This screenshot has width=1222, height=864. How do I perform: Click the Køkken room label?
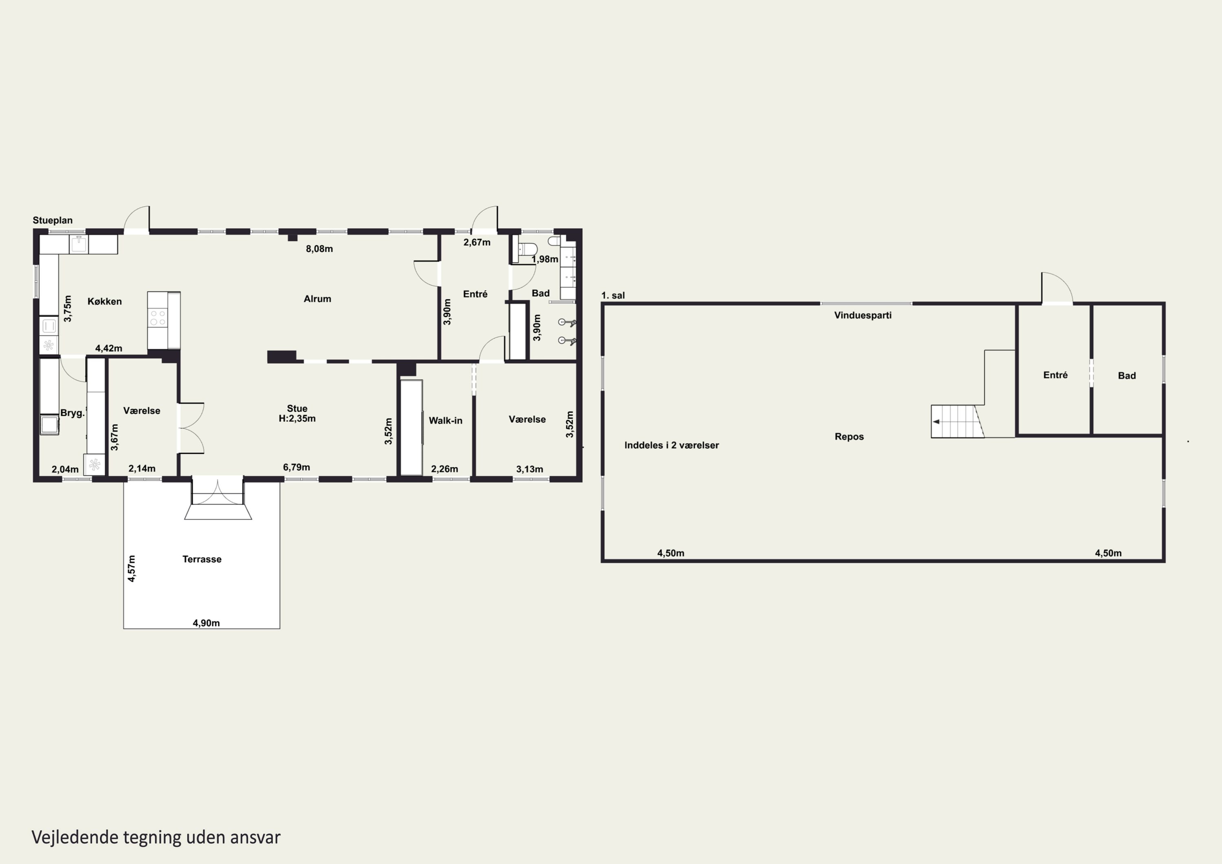click(x=104, y=301)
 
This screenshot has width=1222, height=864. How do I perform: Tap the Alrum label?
click(x=317, y=299)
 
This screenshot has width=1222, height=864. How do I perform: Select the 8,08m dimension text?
click(x=319, y=248)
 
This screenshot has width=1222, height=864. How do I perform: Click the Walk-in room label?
click(x=446, y=420)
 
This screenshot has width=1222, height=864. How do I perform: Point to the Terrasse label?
click(x=202, y=559)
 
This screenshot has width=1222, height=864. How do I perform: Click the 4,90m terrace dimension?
click(x=206, y=623)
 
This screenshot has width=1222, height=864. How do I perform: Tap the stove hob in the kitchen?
click(x=157, y=318)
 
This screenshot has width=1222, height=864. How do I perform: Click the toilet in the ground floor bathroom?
click(x=527, y=249)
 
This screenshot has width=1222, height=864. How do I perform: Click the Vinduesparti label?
click(x=863, y=315)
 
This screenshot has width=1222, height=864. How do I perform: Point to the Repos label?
click(x=849, y=437)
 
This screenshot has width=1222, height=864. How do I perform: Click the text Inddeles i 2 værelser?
click(x=672, y=445)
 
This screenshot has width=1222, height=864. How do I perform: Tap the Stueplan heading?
click(x=53, y=220)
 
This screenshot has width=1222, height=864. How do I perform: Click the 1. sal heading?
click(x=613, y=295)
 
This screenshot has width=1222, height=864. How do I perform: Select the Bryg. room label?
click(x=73, y=413)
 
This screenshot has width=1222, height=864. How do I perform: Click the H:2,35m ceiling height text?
click(x=297, y=418)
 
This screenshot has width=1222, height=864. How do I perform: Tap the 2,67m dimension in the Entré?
click(x=477, y=242)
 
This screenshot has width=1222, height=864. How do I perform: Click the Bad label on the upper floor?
click(x=1127, y=375)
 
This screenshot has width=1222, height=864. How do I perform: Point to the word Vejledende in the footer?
click(x=75, y=838)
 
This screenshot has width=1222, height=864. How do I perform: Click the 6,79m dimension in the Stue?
click(x=297, y=467)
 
